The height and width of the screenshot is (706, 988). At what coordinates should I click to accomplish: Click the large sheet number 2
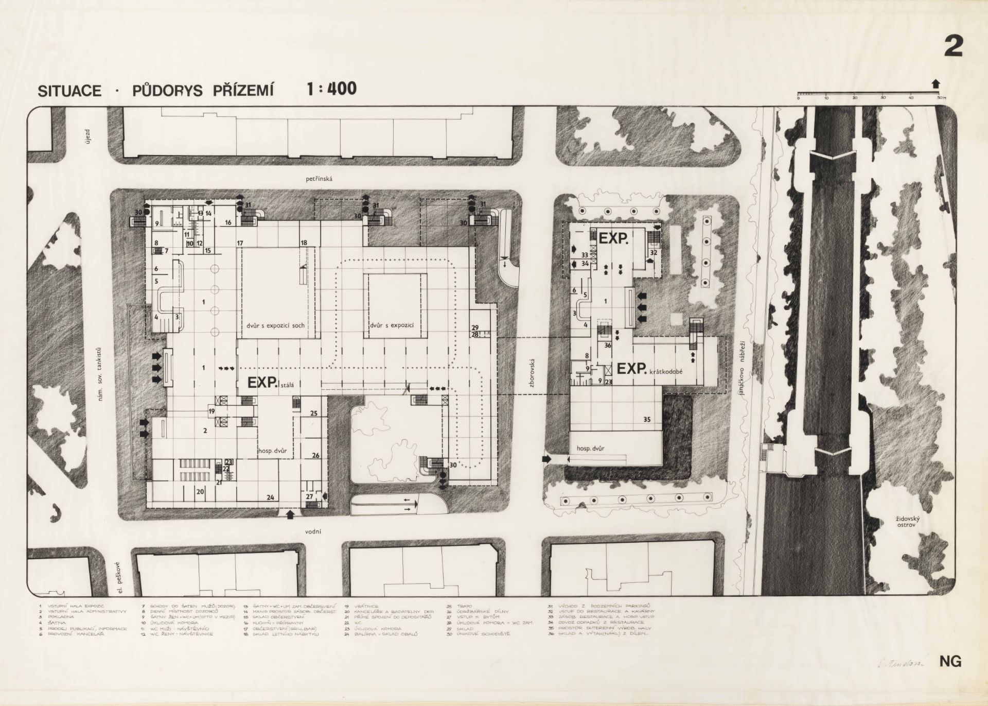coord(953,46)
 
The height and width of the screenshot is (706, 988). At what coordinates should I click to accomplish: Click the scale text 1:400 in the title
coord(331,89)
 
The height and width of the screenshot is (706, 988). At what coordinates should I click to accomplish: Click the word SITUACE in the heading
coord(69,91)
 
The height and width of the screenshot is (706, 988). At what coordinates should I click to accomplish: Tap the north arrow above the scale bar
coord(935,84)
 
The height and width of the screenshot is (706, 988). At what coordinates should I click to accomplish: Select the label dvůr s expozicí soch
coord(275,326)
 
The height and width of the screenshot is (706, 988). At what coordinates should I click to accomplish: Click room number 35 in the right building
coord(647,419)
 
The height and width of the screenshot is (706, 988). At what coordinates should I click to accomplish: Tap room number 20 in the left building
coord(200,492)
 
